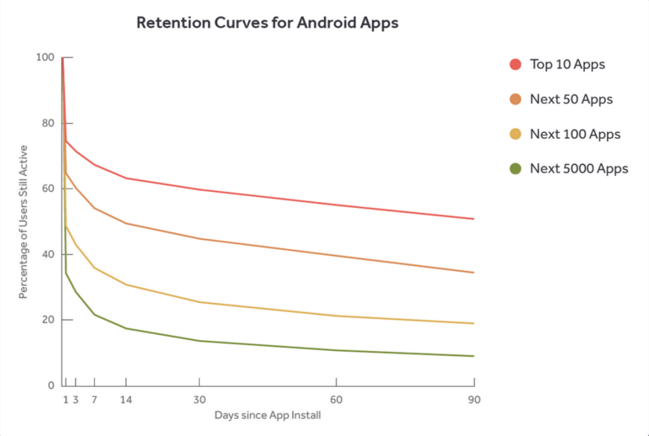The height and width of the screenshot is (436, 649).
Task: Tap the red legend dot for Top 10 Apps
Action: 515,64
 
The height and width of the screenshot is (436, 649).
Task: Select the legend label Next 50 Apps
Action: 571,99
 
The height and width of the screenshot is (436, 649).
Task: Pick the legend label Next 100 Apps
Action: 575,134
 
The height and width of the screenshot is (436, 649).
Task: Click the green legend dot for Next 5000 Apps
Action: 515,169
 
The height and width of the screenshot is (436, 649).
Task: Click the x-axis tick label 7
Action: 94,400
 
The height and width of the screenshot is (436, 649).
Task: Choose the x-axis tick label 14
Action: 125,400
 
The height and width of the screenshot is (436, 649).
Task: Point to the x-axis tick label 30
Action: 199,400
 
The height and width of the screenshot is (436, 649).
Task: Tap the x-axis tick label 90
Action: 474,400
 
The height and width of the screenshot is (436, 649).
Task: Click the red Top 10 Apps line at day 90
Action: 473,219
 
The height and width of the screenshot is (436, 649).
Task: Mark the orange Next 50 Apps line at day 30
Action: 199,239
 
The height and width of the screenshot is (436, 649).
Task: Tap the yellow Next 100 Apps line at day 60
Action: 336,316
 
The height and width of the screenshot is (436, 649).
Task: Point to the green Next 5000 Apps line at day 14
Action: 125,328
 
